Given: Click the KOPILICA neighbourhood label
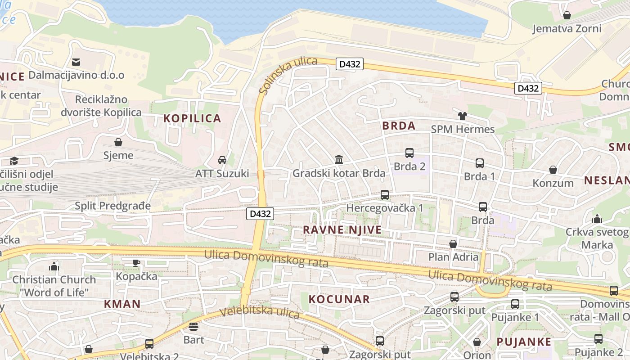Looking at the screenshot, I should pos(192,118).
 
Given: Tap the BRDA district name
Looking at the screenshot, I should pos(399,126).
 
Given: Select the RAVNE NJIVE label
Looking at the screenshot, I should pos(342,230).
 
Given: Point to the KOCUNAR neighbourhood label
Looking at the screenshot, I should pos(339,299).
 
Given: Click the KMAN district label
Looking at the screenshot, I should pos(122,304).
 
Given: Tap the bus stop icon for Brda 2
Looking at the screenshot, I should pos(409,153).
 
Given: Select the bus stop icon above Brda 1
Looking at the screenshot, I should pos(480,163).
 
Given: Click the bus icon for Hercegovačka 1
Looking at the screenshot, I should pos(385,195).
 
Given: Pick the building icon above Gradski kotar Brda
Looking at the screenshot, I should pos(339,160).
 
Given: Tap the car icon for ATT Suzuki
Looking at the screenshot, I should pos(222,160).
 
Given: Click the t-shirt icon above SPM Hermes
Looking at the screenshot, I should pos(463,116).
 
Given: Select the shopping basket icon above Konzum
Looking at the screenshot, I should pos(553,170).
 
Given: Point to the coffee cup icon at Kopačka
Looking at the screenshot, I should pos(136,263).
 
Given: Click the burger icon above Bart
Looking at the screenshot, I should pos(193,326).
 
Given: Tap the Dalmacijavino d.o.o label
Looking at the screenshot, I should pos(76,75).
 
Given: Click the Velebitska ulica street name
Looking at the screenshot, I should pos(260,312).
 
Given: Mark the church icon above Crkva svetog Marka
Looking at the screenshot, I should pos(597,219).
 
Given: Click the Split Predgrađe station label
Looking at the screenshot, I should pos(112,206).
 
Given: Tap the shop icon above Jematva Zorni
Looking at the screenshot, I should pos(567,15).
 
